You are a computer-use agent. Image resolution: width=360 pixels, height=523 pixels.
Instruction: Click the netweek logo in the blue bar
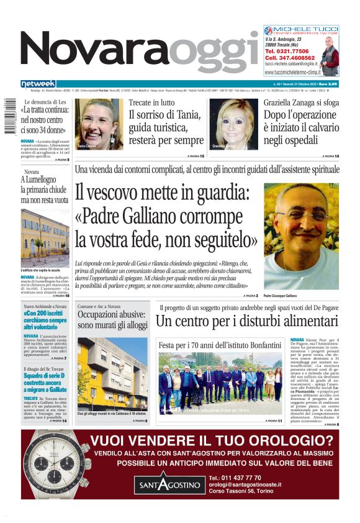pyautogui.click(x=38, y=84)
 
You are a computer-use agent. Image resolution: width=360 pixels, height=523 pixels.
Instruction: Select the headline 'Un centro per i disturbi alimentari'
pyautogui.click(x=246, y=322)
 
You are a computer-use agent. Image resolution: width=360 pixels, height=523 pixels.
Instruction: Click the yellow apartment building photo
pyautogui.click(x=112, y=373)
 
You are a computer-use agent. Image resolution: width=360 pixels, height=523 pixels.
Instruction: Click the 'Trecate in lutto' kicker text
pyautogui.click(x=151, y=102)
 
